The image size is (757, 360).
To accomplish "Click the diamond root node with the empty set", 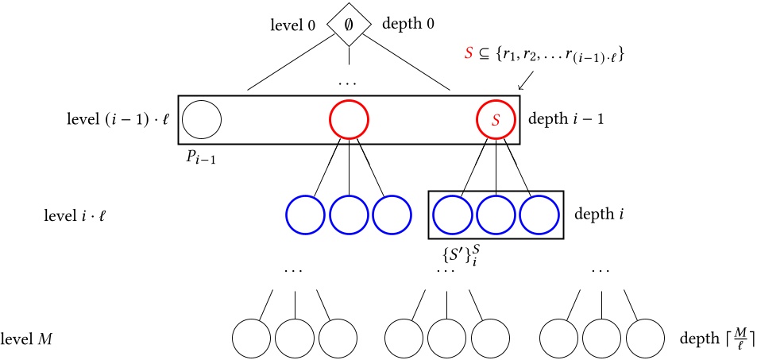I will (x=350, y=25).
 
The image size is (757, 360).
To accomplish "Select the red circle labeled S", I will (x=496, y=121).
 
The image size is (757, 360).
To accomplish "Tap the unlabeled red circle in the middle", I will (x=350, y=121).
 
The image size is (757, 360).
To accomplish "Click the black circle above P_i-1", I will (x=201, y=121).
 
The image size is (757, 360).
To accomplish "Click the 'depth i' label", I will (x=593, y=215).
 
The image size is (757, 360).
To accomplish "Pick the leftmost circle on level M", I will (x=252, y=339).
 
